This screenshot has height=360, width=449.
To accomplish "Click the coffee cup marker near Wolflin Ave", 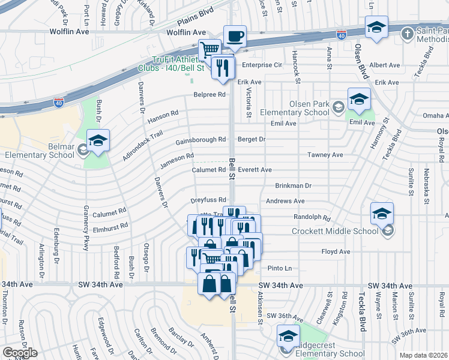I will pyautogui.click(x=235, y=36).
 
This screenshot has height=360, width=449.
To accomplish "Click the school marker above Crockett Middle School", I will pyautogui.click(x=382, y=214).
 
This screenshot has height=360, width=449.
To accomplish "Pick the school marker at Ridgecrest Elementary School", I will pyautogui.click(x=288, y=336).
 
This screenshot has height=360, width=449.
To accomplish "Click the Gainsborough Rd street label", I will pyautogui.click(x=200, y=141).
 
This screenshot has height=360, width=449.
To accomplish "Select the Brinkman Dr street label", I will pyautogui.click(x=294, y=186).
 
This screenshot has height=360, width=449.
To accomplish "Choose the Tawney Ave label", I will pyautogui.click(x=325, y=155).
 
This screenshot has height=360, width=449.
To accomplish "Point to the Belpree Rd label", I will pyautogui.click(x=209, y=95).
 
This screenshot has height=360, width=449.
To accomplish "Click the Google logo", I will pyautogui.click(x=20, y=353).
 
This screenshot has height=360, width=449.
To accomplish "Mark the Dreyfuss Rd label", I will pyautogui.click(x=208, y=200).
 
